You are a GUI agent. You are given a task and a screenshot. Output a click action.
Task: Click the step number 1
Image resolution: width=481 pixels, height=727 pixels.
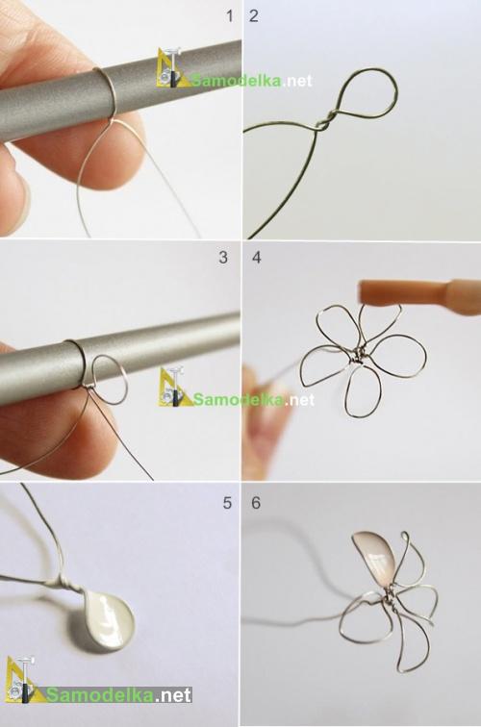point(229,16)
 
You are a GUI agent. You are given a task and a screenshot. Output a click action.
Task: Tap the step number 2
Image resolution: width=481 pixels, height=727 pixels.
point(254,16)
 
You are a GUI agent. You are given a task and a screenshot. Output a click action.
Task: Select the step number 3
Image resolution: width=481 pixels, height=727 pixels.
point(223,258)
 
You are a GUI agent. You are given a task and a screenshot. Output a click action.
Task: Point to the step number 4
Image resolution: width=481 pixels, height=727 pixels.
point(257,258)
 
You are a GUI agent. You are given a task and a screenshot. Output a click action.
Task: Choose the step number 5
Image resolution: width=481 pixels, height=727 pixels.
point(227,503)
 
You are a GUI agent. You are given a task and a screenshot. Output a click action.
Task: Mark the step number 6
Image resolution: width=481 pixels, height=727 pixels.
point(256,503)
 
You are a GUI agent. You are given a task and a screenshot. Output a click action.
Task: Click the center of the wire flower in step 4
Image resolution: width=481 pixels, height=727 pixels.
point(357,358)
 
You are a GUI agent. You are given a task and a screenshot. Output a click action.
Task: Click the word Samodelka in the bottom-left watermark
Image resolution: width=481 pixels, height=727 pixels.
point(100,694)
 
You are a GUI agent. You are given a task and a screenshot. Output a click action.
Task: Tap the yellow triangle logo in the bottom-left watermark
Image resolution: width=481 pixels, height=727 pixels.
point(21,681)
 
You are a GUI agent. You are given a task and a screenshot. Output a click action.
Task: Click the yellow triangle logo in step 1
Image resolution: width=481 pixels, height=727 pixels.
point(170,68)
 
